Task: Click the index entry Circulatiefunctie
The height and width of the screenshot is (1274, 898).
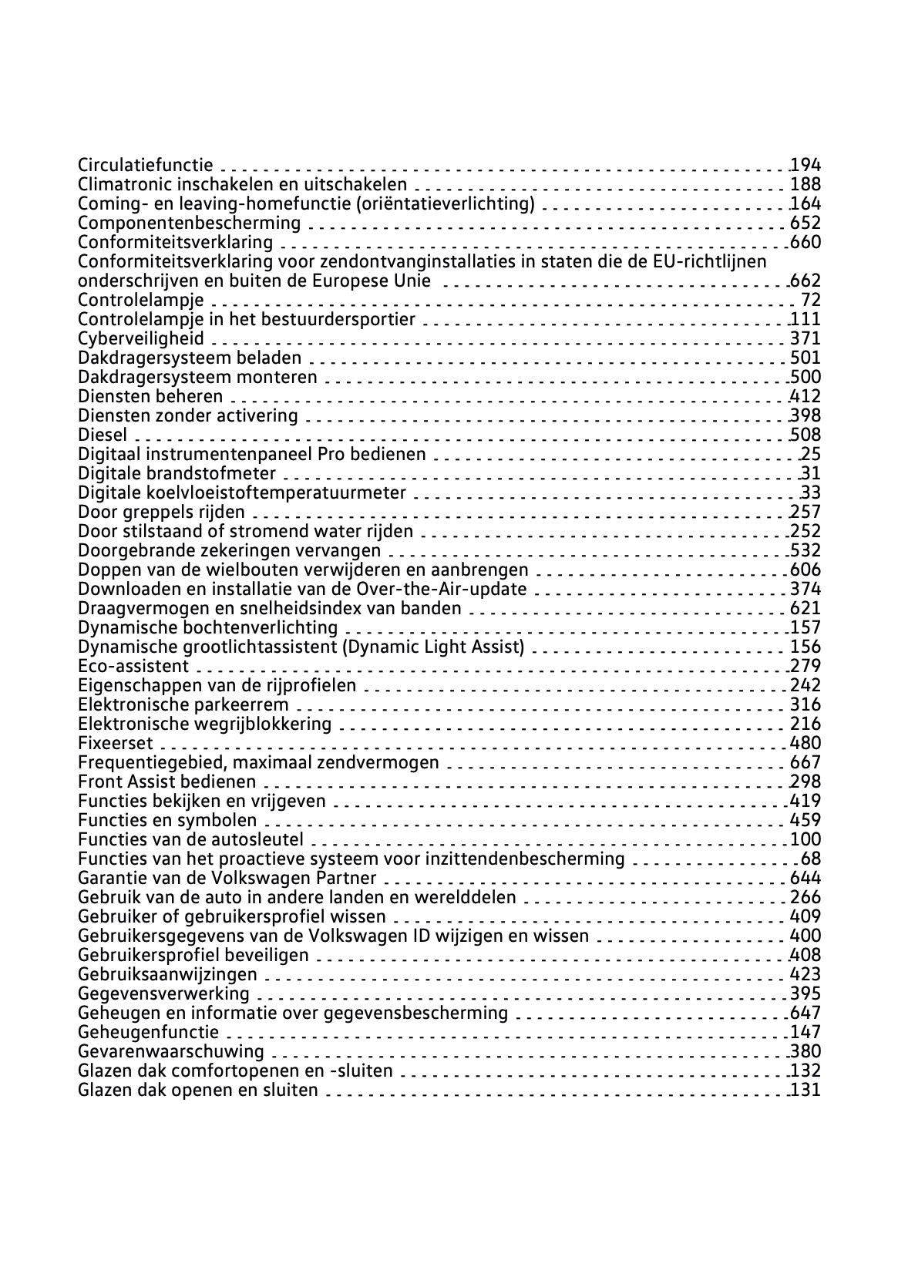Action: (x=145, y=164)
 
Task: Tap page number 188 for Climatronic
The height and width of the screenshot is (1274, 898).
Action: (x=806, y=184)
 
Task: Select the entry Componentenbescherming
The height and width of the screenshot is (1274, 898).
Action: (x=189, y=223)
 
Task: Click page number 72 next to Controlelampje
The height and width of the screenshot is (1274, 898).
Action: (x=811, y=300)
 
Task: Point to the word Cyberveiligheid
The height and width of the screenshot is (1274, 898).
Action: (x=141, y=338)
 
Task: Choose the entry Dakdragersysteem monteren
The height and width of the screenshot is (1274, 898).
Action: (x=197, y=377)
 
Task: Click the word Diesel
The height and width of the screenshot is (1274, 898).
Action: (x=103, y=435)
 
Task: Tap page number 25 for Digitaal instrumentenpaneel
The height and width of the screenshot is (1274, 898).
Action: (x=811, y=454)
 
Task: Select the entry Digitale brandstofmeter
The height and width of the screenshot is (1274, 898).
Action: (x=177, y=473)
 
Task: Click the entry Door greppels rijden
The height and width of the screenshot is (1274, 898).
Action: (x=161, y=512)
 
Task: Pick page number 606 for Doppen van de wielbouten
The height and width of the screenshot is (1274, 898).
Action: (x=806, y=570)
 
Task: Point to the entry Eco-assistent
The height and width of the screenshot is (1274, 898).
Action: (x=133, y=666)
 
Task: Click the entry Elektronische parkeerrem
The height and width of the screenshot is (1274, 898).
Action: (x=183, y=704)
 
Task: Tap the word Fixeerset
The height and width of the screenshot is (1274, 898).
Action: (x=116, y=743)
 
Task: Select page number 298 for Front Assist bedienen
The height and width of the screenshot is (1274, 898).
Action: (x=806, y=782)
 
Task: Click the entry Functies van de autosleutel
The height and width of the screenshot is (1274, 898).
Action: (x=190, y=839)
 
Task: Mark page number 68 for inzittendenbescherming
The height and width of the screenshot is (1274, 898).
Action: (x=811, y=859)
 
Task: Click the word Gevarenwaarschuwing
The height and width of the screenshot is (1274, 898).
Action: (x=170, y=1051)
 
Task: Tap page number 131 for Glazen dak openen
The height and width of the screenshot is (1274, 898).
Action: (x=806, y=1090)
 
